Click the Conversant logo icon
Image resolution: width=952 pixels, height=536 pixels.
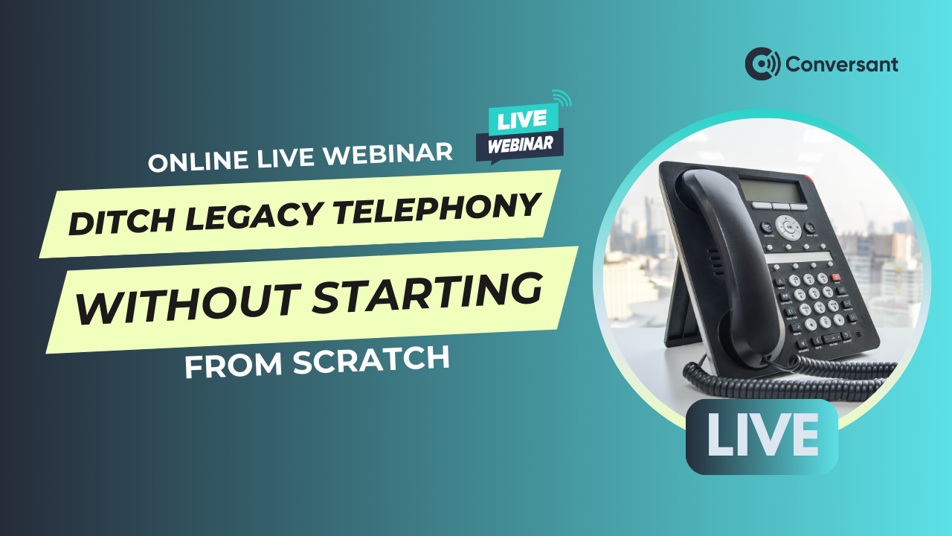pyautogui.click(x=762, y=64)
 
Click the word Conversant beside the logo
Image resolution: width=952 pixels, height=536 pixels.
pyautogui.click(x=842, y=65)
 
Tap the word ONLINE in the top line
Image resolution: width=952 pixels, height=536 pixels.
pyautogui.click(x=198, y=161)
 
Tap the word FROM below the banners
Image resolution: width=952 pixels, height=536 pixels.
pyautogui.click(x=234, y=366)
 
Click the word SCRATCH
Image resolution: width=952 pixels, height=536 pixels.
pyautogui.click(x=371, y=360)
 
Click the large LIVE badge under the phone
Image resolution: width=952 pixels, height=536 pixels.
pyautogui.click(x=762, y=436)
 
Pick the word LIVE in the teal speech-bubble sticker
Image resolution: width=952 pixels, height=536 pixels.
pyautogui.click(x=522, y=120)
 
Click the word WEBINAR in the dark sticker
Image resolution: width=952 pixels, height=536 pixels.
pyautogui.click(x=520, y=145)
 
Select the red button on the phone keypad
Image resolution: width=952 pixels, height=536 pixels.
pyautogui.click(x=836, y=278)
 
